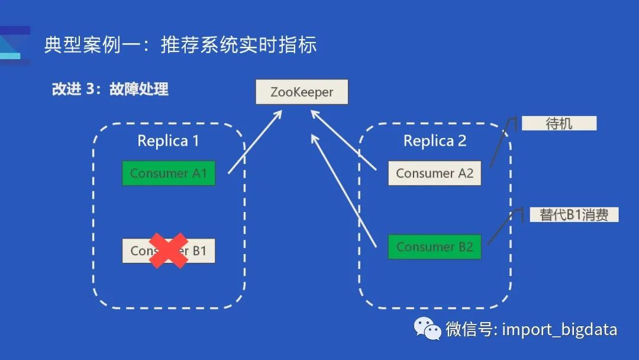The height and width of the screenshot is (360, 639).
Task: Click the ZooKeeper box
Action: pyautogui.click(x=302, y=92)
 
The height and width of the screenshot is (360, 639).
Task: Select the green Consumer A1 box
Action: pyautogui.click(x=169, y=173)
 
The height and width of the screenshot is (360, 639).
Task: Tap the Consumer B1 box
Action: pyautogui.click(x=169, y=251)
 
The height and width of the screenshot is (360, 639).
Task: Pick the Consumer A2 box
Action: pyautogui.click(x=435, y=173)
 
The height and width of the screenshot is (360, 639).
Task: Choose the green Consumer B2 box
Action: pyautogui.click(x=435, y=247)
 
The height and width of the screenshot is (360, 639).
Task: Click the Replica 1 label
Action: pyautogui.click(x=168, y=141)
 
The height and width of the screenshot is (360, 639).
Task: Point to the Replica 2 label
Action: pyautogui.click(x=435, y=141)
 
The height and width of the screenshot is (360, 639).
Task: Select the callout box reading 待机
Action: pyautogui.click(x=559, y=123)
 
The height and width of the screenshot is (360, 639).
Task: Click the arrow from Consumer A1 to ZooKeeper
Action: pyautogui.click(x=254, y=142)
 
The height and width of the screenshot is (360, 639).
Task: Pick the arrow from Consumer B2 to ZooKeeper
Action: pyautogui.click(x=343, y=189)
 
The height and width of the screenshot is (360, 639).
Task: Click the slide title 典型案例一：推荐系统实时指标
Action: pyautogui.click(x=180, y=45)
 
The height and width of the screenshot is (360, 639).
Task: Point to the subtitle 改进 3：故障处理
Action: pyautogui.click(x=110, y=89)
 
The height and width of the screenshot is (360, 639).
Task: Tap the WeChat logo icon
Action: pyautogui.click(x=427, y=329)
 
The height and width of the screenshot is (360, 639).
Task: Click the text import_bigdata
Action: pyautogui.click(x=559, y=329)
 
